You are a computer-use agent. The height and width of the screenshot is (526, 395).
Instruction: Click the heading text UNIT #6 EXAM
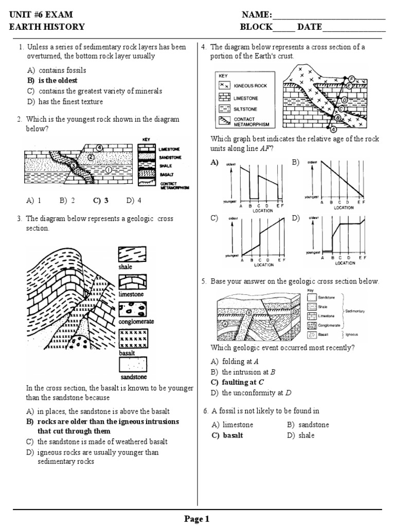(41, 14)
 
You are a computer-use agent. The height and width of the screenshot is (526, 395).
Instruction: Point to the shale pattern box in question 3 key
(132, 255)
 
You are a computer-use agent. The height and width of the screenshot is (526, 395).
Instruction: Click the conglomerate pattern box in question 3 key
(132, 310)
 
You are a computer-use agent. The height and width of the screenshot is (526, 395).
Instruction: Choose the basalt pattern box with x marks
(132, 339)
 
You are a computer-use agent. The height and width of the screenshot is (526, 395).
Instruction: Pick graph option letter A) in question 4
(214, 162)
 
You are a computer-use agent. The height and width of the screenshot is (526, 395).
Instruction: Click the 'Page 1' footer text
(197, 519)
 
